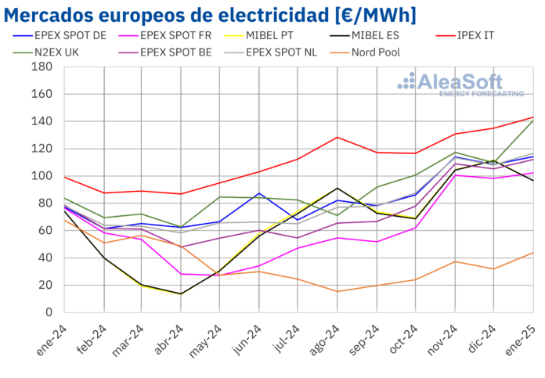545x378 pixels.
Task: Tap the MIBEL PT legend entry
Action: [282, 36]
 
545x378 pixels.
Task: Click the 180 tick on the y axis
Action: [41, 67]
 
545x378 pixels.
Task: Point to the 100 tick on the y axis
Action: [41, 176]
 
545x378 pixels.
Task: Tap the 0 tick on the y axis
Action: [47, 312]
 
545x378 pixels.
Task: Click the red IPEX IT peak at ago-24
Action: [337, 138]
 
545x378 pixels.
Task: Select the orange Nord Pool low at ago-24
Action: [337, 291]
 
